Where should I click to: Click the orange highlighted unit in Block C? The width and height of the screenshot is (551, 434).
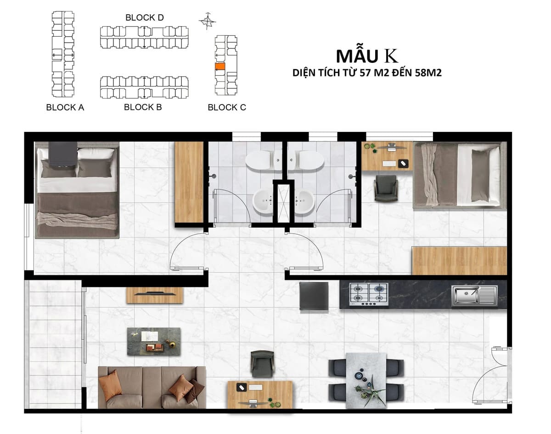click(x=220, y=66)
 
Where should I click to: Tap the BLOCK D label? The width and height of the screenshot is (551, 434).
click(x=144, y=17)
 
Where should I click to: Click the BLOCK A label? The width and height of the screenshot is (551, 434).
click(x=65, y=107)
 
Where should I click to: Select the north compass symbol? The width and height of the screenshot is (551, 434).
click(x=208, y=21)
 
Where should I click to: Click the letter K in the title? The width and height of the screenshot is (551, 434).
click(x=392, y=56)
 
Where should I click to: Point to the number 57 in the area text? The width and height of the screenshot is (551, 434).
click(x=365, y=73)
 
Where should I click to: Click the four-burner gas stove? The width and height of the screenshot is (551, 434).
click(x=369, y=294)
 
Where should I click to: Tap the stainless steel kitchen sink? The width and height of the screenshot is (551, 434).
click(x=474, y=296)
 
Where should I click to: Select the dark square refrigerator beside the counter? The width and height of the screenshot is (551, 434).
click(x=314, y=296)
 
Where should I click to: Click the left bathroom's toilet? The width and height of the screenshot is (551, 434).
click(x=262, y=160)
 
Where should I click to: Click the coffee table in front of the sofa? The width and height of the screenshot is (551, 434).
click(x=154, y=341)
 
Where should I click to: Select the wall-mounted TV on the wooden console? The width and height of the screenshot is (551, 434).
click(x=155, y=294)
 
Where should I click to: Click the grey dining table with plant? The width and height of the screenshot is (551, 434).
click(x=366, y=380)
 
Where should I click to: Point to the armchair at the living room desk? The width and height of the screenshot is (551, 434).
click(x=262, y=364)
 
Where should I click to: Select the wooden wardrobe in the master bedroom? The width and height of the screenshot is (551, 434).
click(x=189, y=182)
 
